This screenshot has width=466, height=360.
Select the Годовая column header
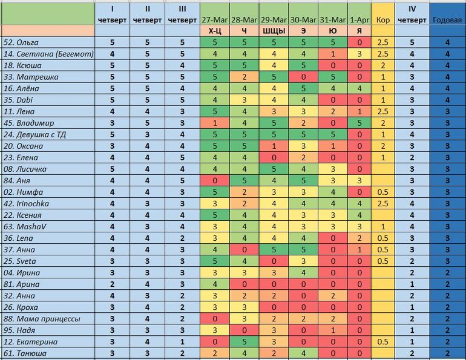(x=447, y=19)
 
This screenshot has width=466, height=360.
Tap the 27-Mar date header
(x=215, y=19)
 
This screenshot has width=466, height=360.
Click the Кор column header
(x=382, y=19)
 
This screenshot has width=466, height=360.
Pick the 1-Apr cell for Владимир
(x=359, y=123)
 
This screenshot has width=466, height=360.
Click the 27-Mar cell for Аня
(x=215, y=180)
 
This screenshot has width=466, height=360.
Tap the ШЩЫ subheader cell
(x=274, y=31)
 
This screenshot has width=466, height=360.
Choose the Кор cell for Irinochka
(x=382, y=203)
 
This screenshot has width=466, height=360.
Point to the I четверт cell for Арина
(x=112, y=284)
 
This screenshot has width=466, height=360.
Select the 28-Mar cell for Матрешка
(x=244, y=77)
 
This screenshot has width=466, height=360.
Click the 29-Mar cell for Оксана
(x=274, y=146)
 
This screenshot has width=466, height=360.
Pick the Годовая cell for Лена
(x=447, y=111)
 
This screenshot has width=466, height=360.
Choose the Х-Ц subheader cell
(x=215, y=31)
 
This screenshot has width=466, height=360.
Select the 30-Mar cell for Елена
(x=304, y=157)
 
